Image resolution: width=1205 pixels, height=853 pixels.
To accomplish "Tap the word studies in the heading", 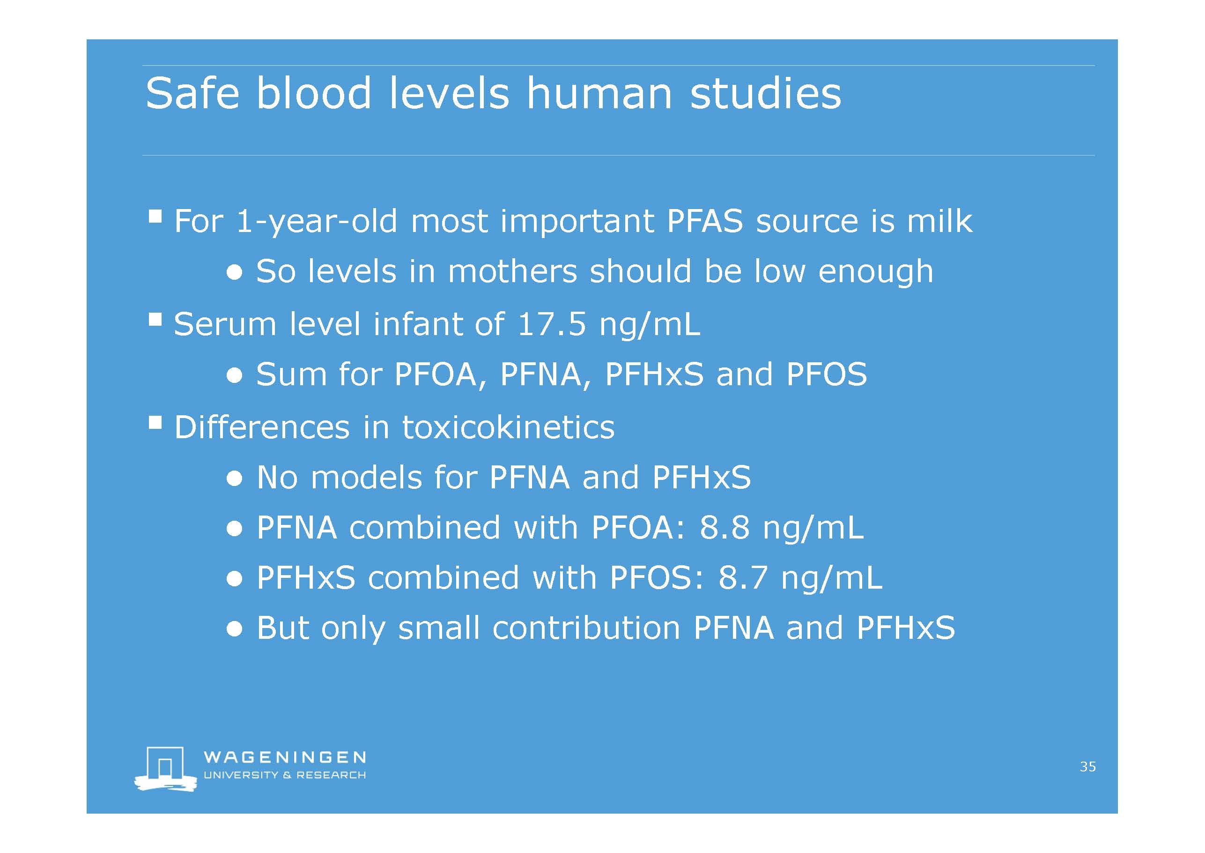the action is coord(766,93).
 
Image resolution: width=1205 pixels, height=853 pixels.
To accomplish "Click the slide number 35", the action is coord(1088,767).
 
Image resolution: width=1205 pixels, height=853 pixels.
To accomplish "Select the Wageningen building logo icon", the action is coord(165,769).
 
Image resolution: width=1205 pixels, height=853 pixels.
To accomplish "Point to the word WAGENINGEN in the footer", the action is coord(284,757).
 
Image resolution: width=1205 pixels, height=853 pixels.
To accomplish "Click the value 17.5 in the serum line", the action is coord(551,323).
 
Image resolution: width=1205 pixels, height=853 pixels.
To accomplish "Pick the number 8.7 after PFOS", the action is coord(743,578).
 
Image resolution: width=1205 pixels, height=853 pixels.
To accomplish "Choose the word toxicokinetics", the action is coord(508,426).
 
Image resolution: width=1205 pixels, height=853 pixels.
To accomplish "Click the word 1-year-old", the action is coord(317,222).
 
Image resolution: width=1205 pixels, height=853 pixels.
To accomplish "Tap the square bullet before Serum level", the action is coord(155,320).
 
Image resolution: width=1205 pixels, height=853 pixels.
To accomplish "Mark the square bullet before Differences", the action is coord(155,423).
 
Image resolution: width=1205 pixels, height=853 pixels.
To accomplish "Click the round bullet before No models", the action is coord(235,479).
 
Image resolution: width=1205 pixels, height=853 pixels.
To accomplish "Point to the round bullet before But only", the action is coord(235,629).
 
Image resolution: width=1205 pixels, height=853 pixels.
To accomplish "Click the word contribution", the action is coord(586,628).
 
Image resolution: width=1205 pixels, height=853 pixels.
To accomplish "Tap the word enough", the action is coord(876,273).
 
